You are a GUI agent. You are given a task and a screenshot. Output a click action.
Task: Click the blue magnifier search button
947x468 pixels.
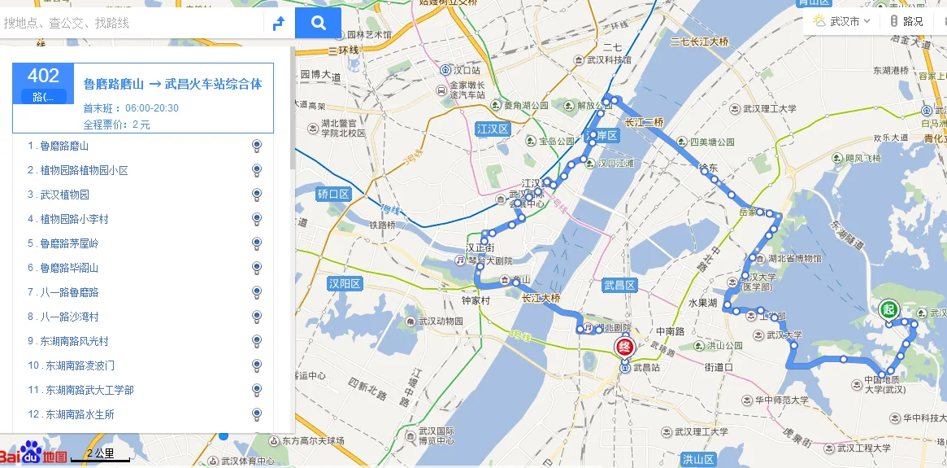318,23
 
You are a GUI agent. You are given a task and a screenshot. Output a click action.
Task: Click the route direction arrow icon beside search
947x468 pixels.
278,24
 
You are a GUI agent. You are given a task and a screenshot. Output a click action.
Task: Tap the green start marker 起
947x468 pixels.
888,309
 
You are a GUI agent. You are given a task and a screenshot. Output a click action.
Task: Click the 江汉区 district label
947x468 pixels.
492,129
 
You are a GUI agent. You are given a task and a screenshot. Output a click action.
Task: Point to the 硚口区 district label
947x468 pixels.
332,194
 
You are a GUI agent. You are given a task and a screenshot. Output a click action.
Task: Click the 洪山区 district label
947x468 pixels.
697,459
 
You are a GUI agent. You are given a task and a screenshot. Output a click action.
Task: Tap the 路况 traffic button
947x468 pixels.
906,21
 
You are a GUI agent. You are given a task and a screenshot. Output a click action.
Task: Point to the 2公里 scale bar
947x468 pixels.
100,456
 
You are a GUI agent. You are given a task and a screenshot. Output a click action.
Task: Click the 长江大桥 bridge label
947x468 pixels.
541,298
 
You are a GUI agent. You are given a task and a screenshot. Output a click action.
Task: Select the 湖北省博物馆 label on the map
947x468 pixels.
795,259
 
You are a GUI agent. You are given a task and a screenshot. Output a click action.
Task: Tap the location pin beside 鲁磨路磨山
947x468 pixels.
257,146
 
